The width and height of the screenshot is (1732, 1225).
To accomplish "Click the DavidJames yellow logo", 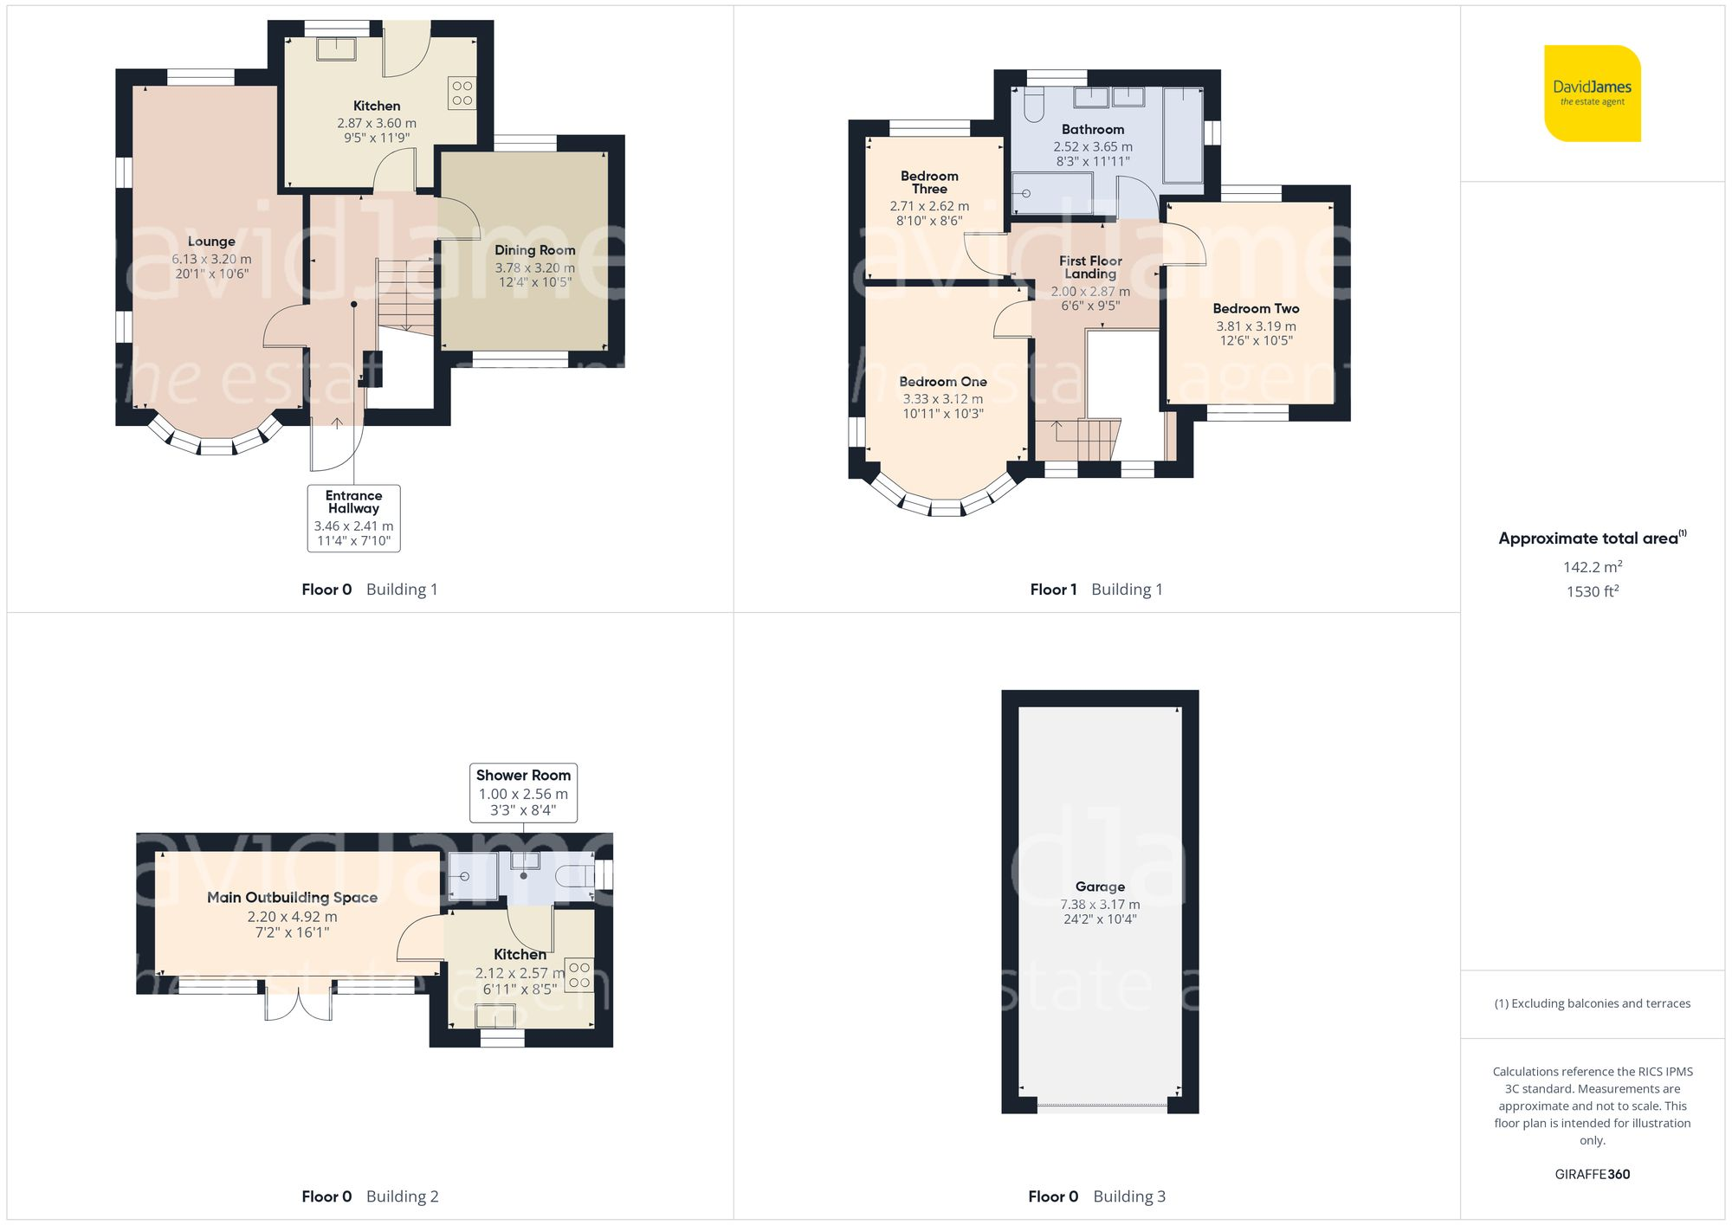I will coord(1592,93).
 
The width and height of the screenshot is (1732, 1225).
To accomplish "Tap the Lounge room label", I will coord(211,242).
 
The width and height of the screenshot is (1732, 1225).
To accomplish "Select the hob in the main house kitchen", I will coord(462,93).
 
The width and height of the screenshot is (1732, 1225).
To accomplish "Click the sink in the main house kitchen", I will coord(336,48).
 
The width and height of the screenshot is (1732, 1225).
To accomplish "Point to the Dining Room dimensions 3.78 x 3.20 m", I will coord(534,268).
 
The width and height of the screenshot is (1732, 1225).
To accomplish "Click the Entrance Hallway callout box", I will coord(353,518).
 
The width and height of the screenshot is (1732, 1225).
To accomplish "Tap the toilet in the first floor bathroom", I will coord(1033,105).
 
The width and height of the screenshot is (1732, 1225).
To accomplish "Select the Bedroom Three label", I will coord(929,183).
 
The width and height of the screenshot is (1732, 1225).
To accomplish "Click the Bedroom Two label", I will coord(1256,309).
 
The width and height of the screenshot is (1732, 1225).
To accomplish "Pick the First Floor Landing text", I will coord(1090,268).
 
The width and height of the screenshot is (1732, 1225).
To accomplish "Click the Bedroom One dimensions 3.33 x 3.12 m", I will coord(942,399).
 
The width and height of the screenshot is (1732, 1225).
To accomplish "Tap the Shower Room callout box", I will coord(523,792).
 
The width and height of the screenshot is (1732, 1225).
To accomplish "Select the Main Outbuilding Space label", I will coord(292,898).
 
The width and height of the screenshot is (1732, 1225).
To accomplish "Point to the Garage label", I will coord(1100,887).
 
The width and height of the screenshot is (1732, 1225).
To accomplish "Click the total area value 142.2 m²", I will coord(1592,567).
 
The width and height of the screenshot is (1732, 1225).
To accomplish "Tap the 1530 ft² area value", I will coord(1592,592).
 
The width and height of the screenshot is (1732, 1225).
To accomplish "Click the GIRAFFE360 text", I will coord(1592,1175).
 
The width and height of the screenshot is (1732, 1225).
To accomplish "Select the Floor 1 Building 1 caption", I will coord(1095,590).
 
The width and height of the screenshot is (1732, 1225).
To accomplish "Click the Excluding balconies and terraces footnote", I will coord(1592,1003).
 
